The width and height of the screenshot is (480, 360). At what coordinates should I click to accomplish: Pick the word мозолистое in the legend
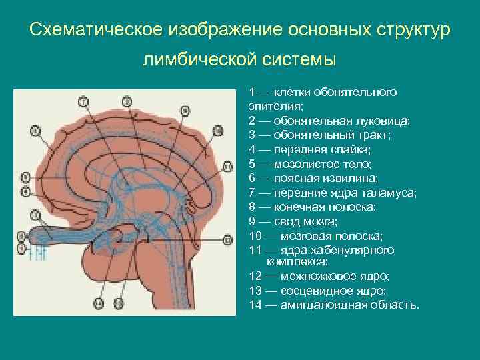[301, 164]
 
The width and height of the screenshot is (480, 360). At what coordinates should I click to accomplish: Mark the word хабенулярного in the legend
[361, 250]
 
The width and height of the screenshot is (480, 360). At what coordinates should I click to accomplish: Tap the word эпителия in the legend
[274, 105]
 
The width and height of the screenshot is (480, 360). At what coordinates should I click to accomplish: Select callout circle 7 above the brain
[83, 101]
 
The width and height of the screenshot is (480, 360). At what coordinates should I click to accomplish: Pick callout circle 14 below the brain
[99, 303]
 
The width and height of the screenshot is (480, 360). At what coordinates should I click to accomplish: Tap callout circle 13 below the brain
[119, 303]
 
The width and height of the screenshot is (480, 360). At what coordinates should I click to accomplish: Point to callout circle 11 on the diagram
[227, 166]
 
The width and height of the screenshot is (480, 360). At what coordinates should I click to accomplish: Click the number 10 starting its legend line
[255, 236]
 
